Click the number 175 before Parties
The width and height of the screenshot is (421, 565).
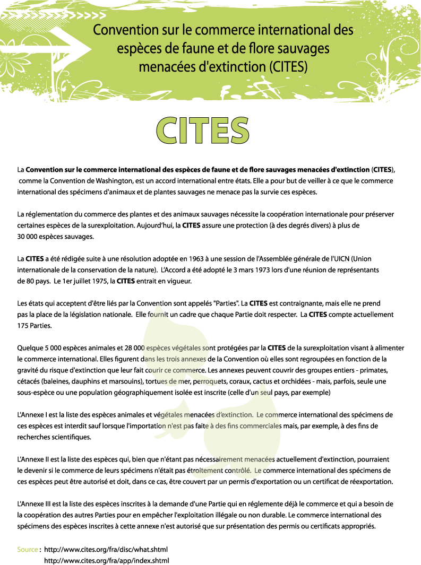(23, 325)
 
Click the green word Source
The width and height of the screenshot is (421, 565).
(27, 549)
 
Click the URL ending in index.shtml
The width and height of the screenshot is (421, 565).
(106, 560)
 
